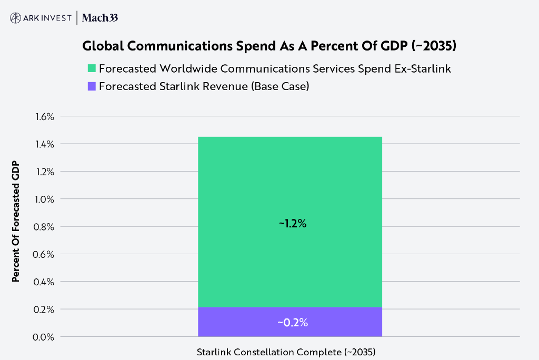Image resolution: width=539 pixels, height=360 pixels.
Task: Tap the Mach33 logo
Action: [x=100, y=18]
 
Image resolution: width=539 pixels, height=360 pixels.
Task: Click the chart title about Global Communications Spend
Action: [x=269, y=46]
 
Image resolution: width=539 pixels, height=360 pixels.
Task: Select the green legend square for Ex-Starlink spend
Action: [x=92, y=68]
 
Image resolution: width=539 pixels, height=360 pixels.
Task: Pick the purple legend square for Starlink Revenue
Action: [x=92, y=86]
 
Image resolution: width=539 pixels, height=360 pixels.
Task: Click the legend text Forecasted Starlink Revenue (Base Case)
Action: [x=204, y=86]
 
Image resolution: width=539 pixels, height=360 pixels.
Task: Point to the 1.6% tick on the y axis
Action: [x=45, y=116]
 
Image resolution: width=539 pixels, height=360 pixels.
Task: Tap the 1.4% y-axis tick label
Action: [x=45, y=144]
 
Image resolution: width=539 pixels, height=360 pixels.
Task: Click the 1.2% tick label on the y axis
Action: [x=45, y=172]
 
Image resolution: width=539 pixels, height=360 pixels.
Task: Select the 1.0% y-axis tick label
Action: [x=45, y=199]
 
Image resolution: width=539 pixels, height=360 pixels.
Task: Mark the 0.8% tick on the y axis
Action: [x=45, y=227]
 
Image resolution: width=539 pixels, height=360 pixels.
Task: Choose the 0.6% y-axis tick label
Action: [x=45, y=254]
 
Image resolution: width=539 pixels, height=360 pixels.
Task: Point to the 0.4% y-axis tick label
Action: [x=45, y=282]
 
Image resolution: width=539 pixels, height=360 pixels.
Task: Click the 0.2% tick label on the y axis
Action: [x=45, y=309]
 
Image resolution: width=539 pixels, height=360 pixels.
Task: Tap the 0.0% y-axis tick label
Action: [x=45, y=337]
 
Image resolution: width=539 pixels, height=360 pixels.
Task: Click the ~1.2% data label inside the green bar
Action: [x=293, y=223]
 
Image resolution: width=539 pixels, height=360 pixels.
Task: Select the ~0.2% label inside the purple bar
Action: [x=293, y=323]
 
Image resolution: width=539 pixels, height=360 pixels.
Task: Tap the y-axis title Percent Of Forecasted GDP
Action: [x=16, y=221]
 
